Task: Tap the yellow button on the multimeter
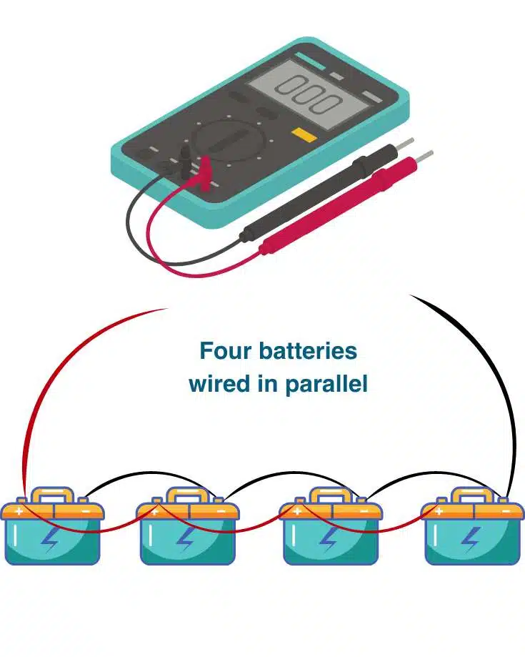point(304,134)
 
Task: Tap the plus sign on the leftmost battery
point(19,511)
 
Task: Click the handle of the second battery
point(187,494)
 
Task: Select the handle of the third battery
point(330,494)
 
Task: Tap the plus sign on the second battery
point(154,511)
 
